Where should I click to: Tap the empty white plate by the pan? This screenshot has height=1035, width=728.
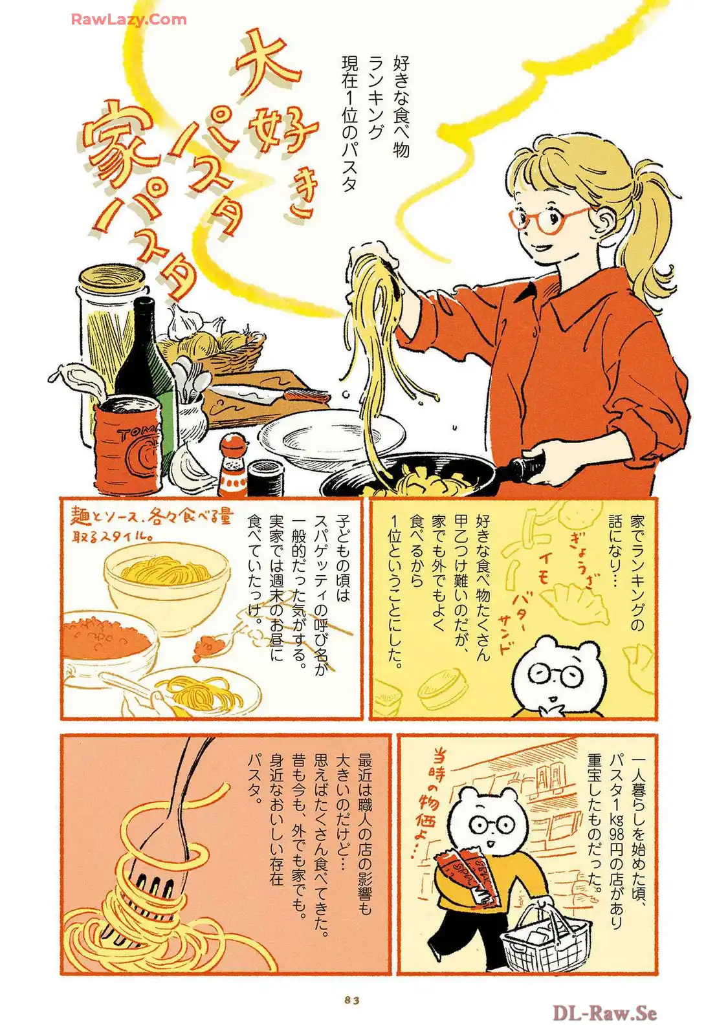coord(331,434)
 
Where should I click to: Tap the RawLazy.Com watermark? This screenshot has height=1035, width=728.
coord(129,19)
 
